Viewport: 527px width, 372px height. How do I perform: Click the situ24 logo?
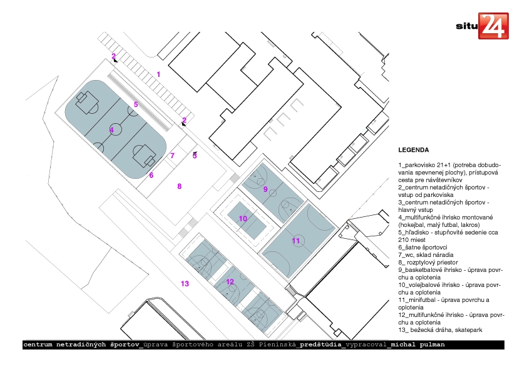coord(482,26)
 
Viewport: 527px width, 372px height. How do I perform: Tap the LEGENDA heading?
coord(413,150)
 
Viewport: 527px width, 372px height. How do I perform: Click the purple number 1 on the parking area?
coord(158,74)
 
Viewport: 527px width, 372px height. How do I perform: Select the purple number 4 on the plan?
coord(111,130)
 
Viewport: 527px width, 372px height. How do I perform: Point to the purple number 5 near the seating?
coord(136,104)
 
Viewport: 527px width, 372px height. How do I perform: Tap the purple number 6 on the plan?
coord(151,175)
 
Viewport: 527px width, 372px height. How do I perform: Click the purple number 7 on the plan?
coord(172,156)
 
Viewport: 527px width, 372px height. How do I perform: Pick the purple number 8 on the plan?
coord(180,186)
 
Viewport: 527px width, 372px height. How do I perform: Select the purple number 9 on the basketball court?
coord(265,189)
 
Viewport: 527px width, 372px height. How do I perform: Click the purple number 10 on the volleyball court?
coord(243,219)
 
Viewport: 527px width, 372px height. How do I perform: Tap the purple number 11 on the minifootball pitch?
coord(296,241)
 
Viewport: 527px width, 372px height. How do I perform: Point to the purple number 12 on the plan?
coord(230,282)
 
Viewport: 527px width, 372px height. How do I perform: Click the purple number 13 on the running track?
coord(185,284)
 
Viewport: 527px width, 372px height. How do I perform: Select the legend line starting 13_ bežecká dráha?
coord(440,330)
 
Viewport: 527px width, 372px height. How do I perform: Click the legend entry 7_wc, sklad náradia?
coord(426,255)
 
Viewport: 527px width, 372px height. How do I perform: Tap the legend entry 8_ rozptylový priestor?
coord(428,262)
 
